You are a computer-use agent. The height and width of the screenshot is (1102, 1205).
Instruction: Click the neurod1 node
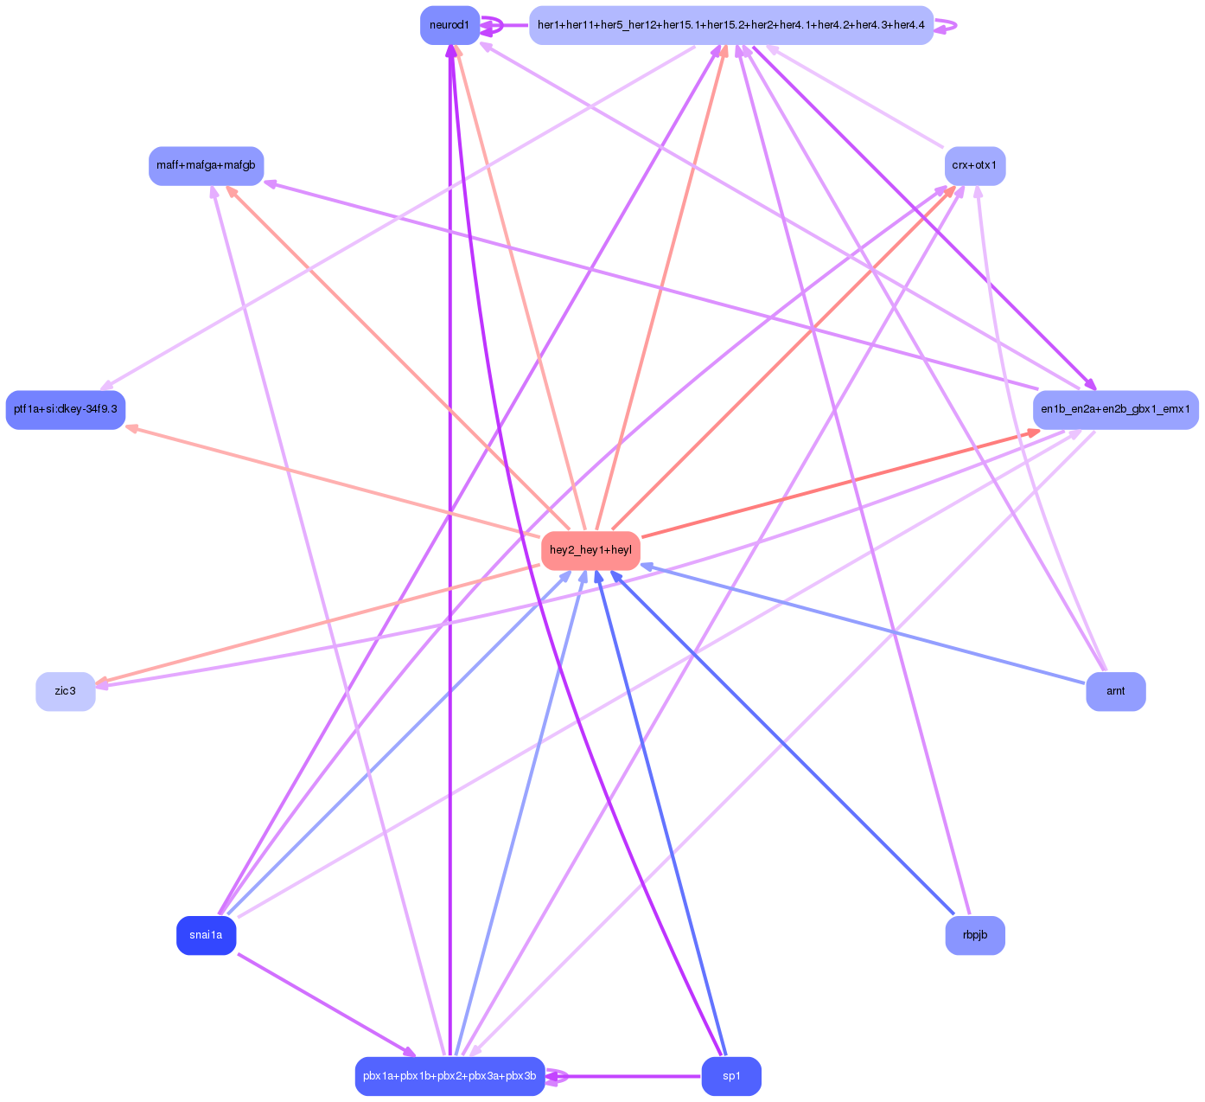pos(449,25)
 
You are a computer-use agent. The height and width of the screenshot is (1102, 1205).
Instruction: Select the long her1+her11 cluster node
pos(730,25)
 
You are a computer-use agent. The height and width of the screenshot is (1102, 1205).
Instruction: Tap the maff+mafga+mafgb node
pos(206,165)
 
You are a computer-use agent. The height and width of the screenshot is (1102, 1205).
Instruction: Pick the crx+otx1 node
pos(974,165)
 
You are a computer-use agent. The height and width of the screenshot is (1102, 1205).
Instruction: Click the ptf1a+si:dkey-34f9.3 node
pos(66,409)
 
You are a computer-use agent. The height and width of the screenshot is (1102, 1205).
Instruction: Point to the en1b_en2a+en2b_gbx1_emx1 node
pos(1115,409)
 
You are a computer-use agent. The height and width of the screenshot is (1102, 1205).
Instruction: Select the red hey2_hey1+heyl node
pos(590,550)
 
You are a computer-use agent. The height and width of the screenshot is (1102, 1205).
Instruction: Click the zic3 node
pos(66,691)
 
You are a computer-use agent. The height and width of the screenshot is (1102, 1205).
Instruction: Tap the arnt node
pos(1115,691)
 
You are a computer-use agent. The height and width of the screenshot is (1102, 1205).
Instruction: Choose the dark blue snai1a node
pos(206,935)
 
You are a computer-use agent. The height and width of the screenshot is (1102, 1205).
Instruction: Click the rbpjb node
pos(974,935)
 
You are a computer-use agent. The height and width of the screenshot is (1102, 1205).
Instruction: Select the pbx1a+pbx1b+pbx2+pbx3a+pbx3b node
pos(449,1076)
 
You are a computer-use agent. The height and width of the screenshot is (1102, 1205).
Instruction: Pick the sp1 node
pos(730,1076)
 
